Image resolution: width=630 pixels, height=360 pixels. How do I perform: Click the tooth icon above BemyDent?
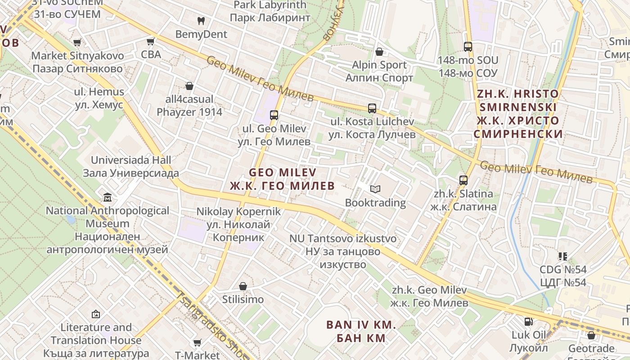201,21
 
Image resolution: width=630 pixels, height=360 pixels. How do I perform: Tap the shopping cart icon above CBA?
151,41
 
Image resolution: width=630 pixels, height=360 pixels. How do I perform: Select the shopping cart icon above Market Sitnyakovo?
77,42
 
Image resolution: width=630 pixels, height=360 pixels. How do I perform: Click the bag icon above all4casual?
189,85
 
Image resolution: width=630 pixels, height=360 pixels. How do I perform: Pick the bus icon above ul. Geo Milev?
274,115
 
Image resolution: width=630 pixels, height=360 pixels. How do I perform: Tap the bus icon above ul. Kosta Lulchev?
372,108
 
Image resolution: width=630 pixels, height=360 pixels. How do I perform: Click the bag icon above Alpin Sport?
379,51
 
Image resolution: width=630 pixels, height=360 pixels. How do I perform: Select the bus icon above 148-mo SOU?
468,46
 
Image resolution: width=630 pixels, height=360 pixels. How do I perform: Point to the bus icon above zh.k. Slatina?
463,180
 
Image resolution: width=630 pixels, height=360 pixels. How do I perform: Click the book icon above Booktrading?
375,189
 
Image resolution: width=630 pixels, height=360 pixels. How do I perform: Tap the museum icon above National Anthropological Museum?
108,197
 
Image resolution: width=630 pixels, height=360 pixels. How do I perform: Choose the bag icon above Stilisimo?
243,286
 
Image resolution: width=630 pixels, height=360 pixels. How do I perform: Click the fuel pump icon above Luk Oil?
528,321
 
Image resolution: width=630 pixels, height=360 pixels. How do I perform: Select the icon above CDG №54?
562,256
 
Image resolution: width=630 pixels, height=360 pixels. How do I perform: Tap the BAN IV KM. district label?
361,331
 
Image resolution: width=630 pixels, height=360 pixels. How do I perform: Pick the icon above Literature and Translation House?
96,314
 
